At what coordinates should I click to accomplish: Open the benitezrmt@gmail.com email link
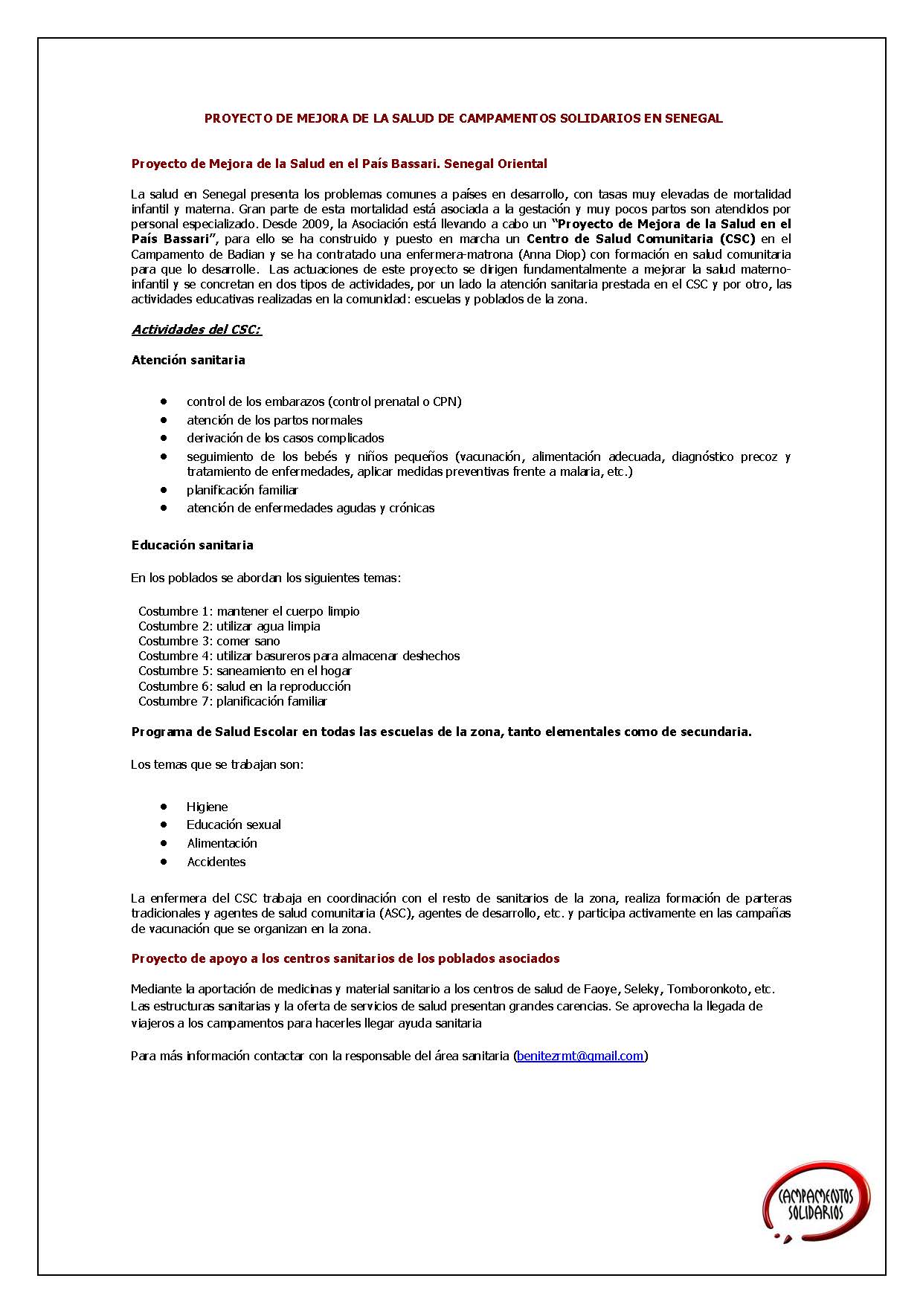580,1056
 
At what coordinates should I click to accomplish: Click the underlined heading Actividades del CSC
196,329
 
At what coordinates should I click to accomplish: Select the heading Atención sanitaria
188,360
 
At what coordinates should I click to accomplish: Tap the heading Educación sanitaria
192,545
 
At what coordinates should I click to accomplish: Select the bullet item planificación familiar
242,490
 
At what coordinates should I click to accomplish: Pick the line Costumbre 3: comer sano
209,641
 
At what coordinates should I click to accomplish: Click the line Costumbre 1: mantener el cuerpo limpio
248,611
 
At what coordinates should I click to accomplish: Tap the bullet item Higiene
207,807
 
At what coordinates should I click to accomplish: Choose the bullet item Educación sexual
234,825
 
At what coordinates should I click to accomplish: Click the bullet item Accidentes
216,862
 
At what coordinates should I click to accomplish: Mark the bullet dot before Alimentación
164,843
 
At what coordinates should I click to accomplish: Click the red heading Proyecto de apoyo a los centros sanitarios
345,958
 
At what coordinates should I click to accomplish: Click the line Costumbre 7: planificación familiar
232,701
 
